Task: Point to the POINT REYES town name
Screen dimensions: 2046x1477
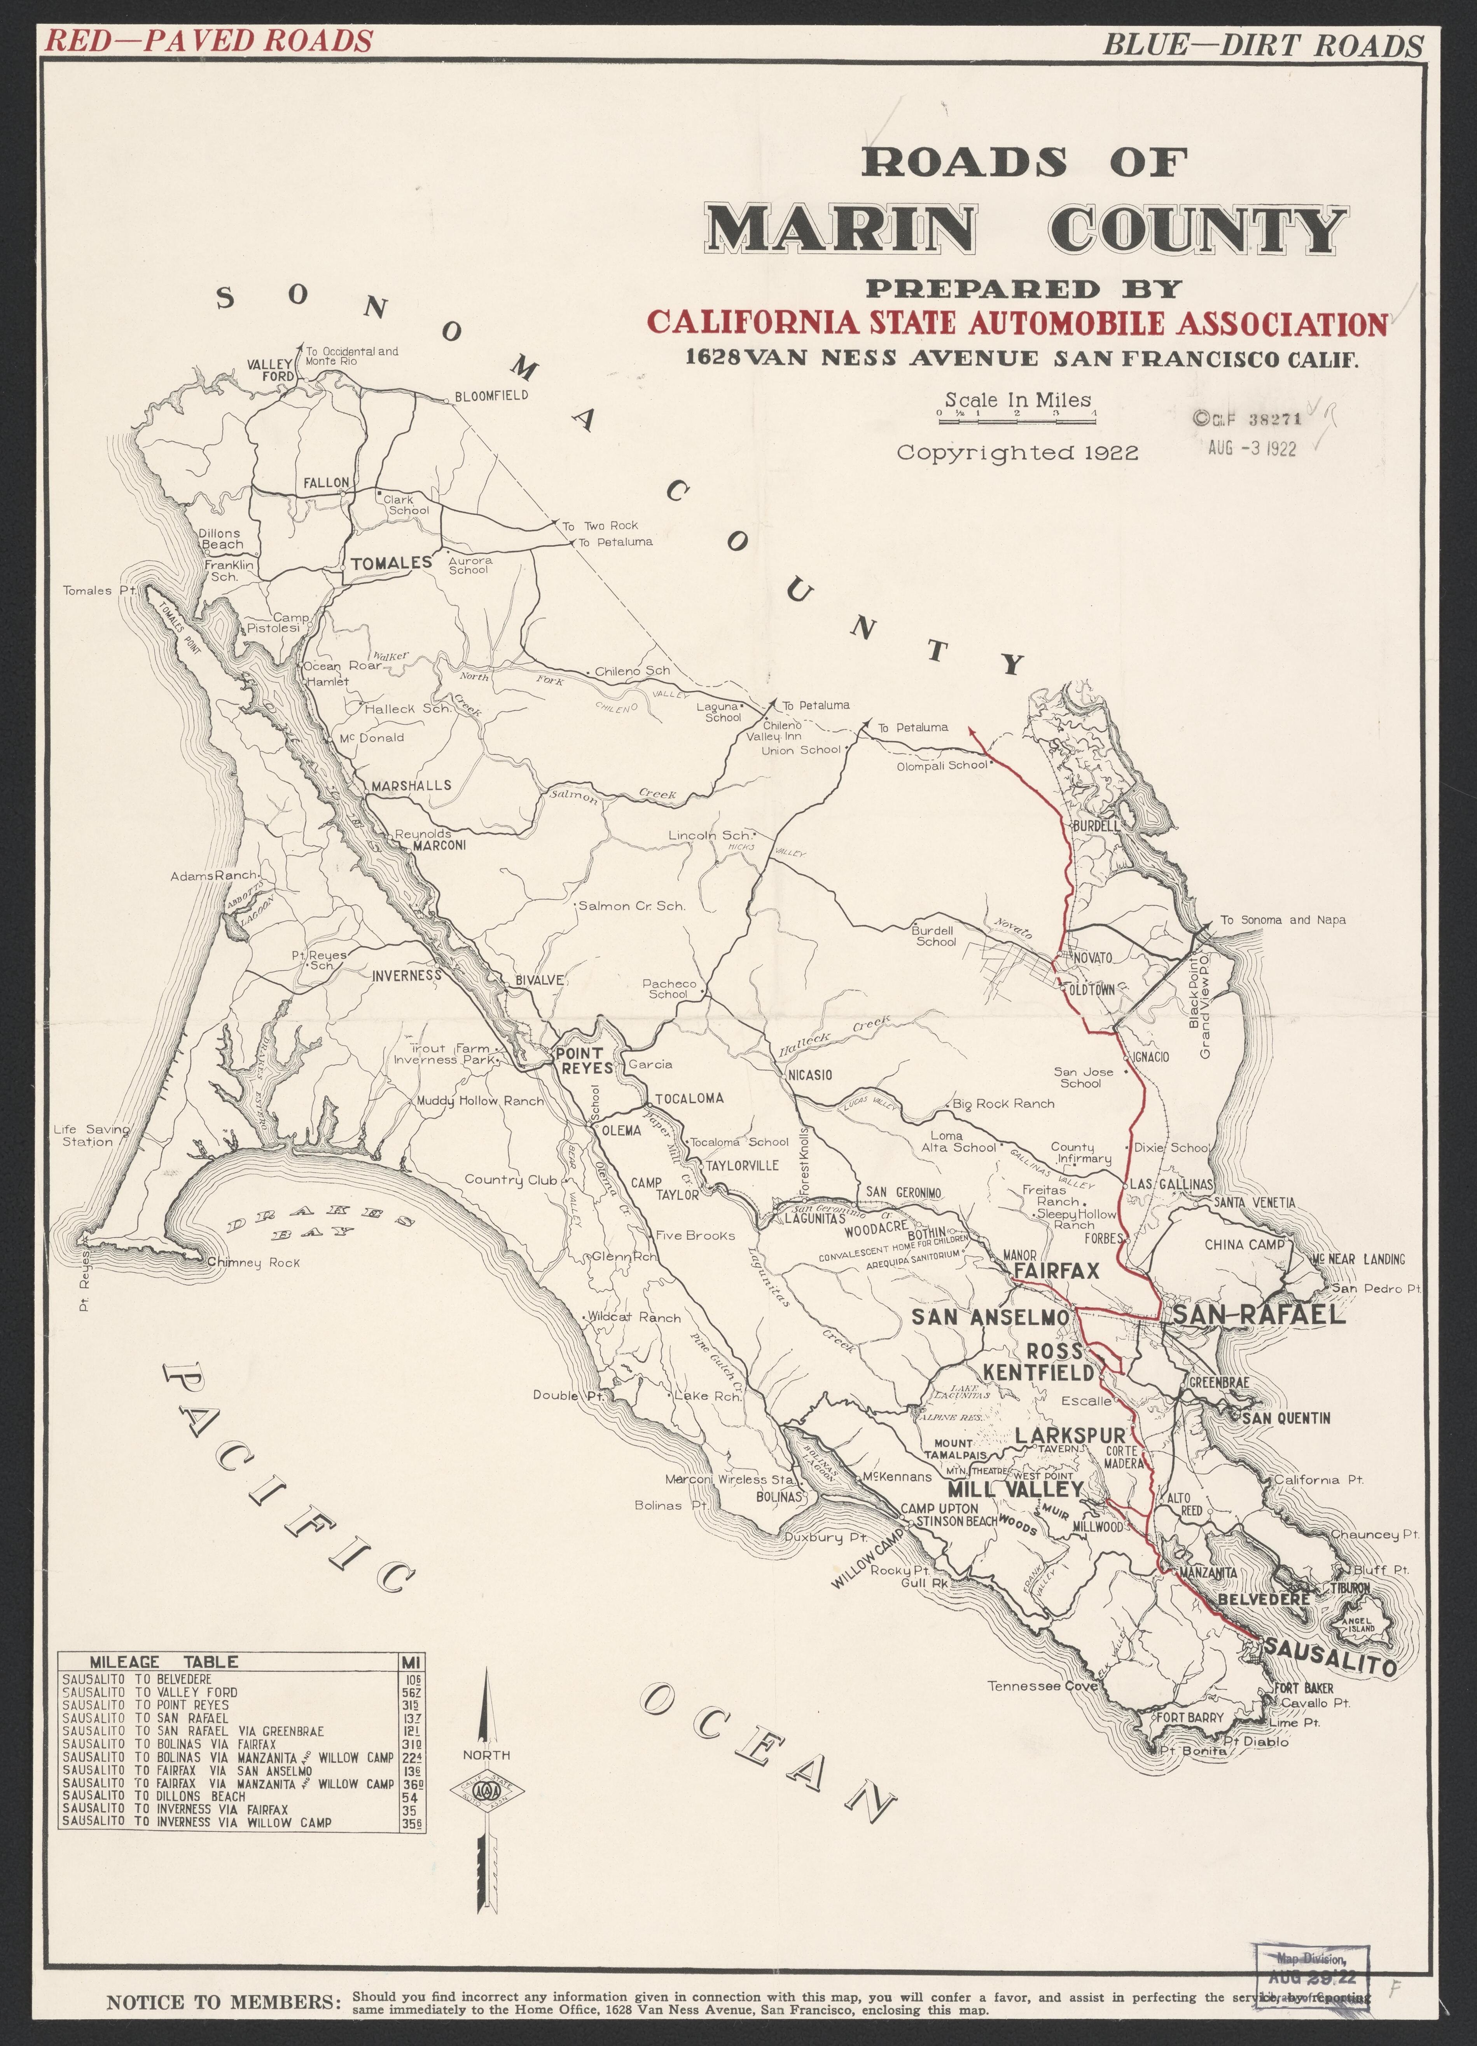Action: click(x=583, y=1060)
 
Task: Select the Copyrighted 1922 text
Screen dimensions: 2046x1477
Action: click(x=1017, y=453)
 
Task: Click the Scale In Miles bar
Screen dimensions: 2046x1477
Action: click(x=1017, y=414)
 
